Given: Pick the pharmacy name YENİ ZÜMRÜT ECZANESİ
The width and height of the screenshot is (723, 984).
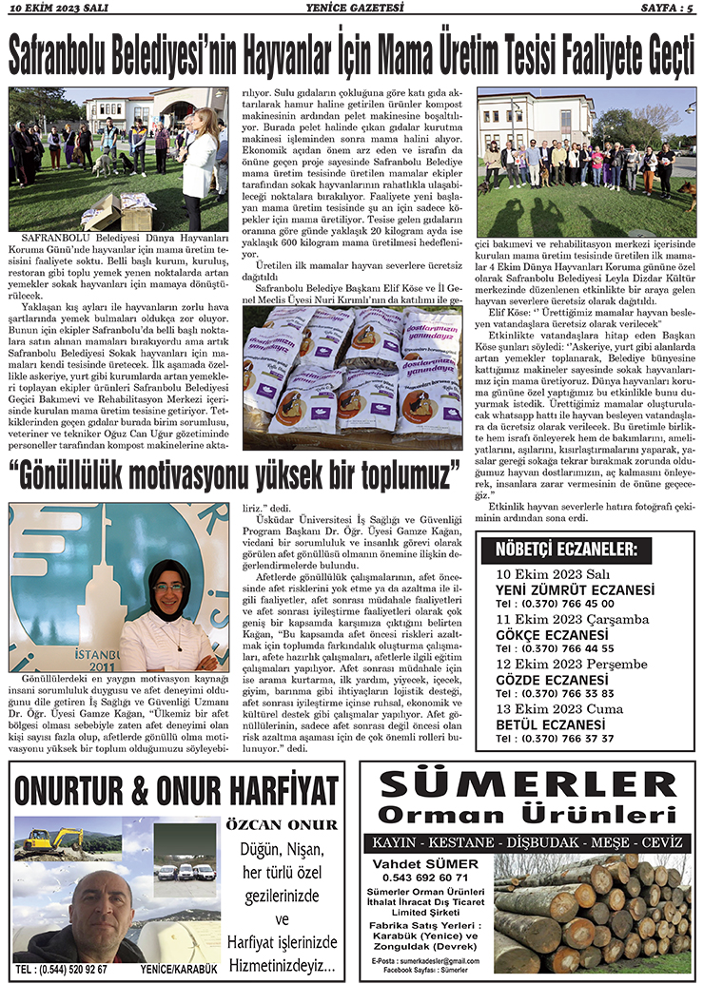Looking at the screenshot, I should tap(575, 590).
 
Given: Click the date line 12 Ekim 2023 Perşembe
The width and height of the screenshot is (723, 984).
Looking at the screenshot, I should tap(568, 664).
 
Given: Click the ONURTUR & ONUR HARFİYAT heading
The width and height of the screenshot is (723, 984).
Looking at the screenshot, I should tap(177, 790).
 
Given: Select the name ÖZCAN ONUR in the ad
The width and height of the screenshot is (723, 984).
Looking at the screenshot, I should tap(282, 824).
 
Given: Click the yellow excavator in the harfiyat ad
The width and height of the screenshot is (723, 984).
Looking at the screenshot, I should tap(52, 839).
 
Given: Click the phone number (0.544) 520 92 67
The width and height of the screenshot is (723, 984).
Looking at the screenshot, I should tap(63, 969).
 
